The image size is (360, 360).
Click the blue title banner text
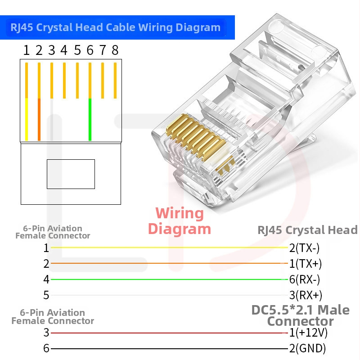pos(116,27)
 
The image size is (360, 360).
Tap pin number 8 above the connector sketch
pos(115,50)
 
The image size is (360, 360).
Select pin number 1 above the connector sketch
pos(27,50)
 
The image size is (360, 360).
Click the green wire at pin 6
pos(90,119)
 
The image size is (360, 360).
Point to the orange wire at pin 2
pos(39,119)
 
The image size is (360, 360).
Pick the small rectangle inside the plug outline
pos(71,174)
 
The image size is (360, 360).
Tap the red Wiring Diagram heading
pos(180,220)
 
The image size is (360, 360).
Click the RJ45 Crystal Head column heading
pos(307,230)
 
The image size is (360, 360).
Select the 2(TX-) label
pos(304,247)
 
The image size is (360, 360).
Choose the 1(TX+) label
pos(305,263)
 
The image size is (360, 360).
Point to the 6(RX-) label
pos(304,279)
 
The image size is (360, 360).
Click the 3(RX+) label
pos(305,295)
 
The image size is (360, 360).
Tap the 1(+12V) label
pos(308,333)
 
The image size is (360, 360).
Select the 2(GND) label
pos(307,348)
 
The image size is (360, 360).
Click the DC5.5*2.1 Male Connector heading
pos(300,315)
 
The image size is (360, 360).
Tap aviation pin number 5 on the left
pos(46,296)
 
